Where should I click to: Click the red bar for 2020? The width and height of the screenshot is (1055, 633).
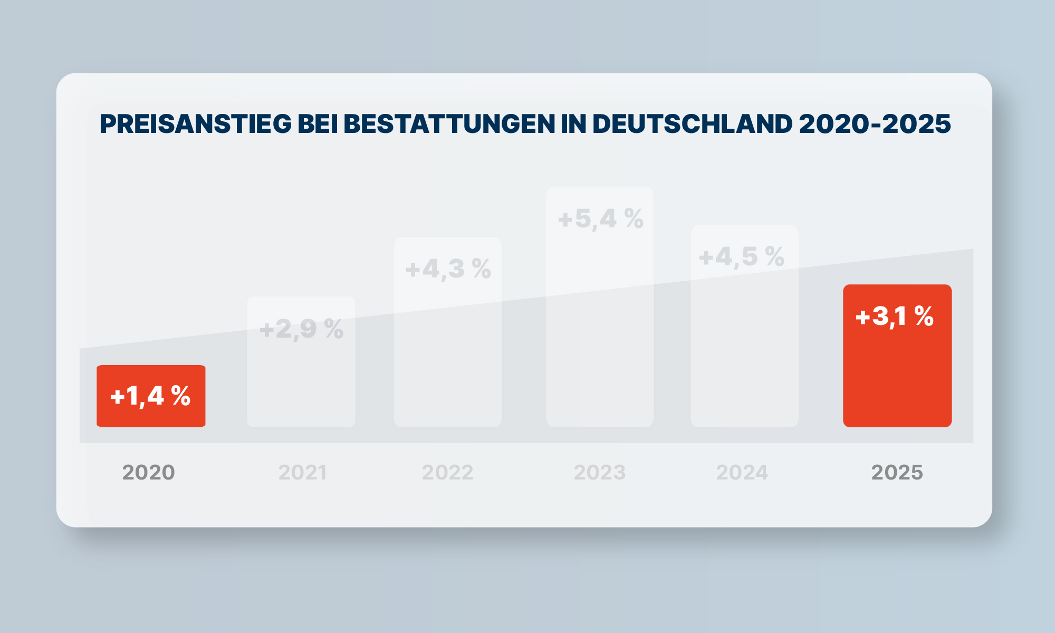point(151,396)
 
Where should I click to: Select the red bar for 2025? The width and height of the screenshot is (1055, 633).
point(897,356)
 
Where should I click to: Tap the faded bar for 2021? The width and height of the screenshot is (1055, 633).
point(301,362)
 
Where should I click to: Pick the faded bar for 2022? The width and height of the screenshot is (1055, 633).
point(448,332)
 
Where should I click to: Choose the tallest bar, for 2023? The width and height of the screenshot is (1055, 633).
point(600,306)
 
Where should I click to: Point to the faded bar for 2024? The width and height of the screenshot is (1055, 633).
point(744,326)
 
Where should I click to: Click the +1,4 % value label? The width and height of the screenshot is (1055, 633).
point(150,396)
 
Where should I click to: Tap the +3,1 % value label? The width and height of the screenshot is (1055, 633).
point(895,316)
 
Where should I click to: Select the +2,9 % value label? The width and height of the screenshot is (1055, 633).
point(301,329)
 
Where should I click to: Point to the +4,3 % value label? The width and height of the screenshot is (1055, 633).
point(448,268)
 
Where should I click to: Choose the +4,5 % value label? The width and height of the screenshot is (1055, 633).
point(742,257)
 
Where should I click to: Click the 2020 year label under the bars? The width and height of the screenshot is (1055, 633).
point(149,472)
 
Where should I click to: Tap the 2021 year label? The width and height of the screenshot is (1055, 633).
point(303,472)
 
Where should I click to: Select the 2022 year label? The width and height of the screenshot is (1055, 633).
point(448,472)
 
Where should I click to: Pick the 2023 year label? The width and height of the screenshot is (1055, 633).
point(600,472)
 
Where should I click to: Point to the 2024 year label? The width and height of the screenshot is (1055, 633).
point(742,472)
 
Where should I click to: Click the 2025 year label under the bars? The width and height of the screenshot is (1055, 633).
point(897,472)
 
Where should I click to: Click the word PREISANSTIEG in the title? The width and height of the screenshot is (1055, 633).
point(196,124)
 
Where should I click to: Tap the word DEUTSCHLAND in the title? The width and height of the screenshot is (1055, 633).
point(693,124)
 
